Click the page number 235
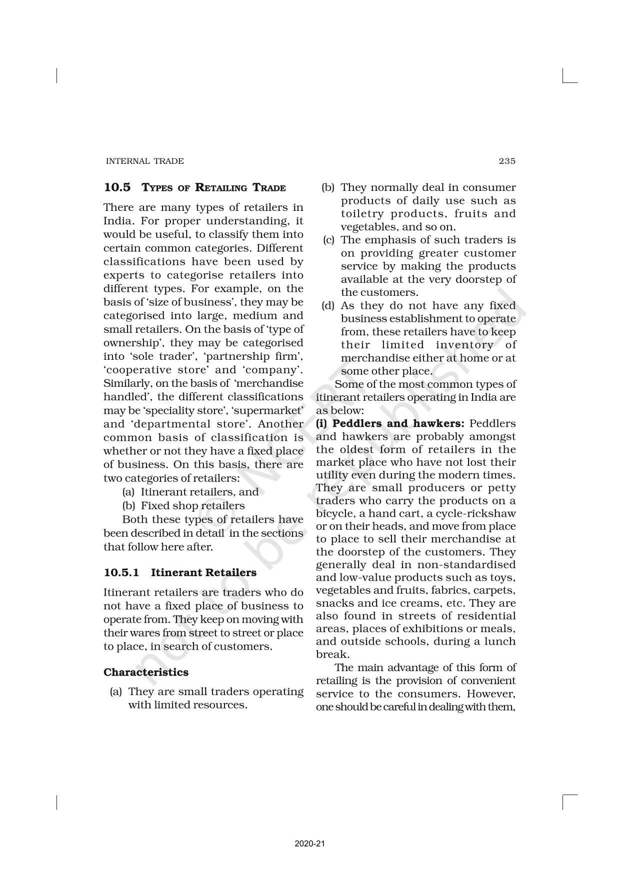[506, 161]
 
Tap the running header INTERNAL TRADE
[144, 161]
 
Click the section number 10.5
[117, 187]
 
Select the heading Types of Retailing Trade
[214, 188]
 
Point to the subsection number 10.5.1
[121, 573]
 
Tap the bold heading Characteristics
[146, 672]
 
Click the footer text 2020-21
[310, 844]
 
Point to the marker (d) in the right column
[328, 306]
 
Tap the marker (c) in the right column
[328, 240]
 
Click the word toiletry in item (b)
[363, 214]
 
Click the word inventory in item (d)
[465, 345]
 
